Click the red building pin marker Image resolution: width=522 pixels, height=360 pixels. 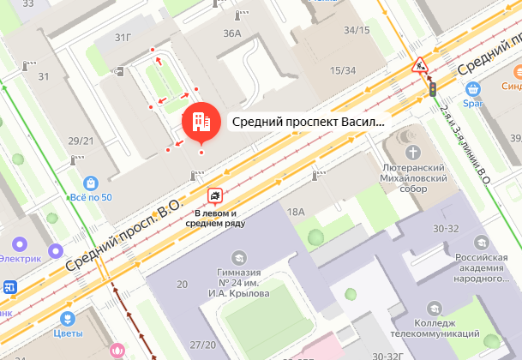coord(200,122)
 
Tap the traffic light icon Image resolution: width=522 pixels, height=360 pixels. coord(434,88)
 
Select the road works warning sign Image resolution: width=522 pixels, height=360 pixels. coord(419,64)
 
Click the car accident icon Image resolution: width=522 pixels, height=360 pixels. coord(216,195)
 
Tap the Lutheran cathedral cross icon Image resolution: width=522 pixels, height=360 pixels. coord(415,153)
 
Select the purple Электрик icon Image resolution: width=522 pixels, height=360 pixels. coord(57,251)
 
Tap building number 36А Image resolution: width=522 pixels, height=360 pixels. coord(231,33)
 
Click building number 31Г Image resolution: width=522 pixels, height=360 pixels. coord(123,37)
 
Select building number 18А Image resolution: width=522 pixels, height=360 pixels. coord(297,212)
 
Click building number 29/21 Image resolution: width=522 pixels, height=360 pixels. coord(81,141)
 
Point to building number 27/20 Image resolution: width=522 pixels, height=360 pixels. coord(203,345)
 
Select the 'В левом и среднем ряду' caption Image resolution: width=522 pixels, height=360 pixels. coord(221,218)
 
